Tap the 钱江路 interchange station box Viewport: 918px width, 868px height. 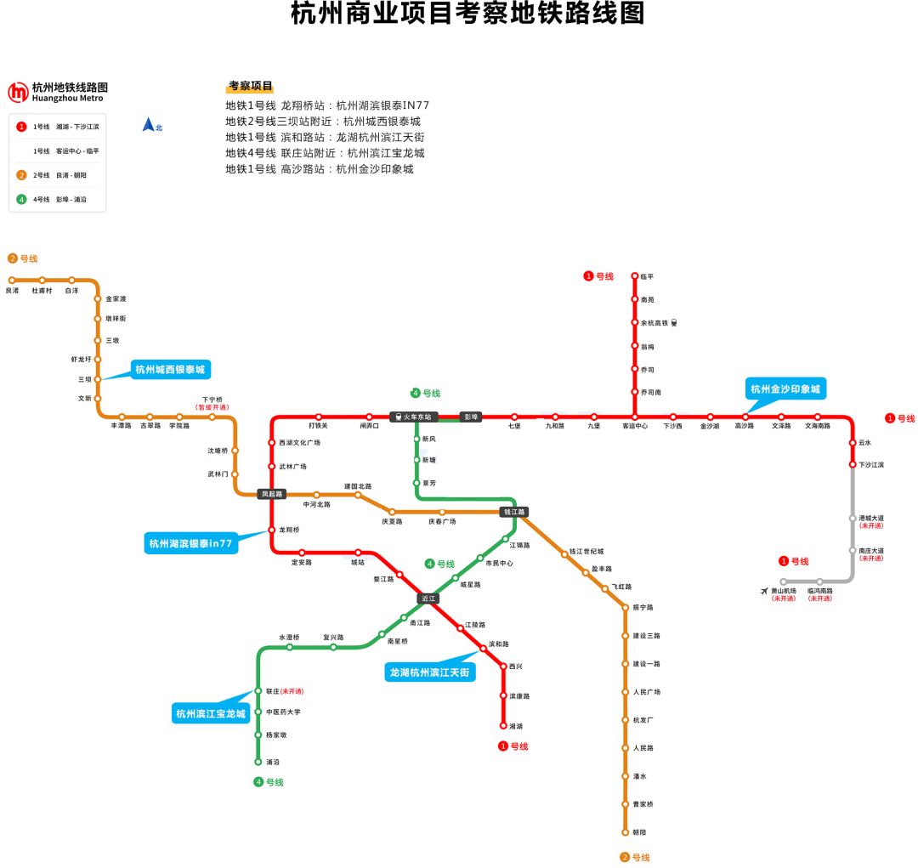pyautogui.click(x=514, y=512)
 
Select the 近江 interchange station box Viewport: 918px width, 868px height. pyautogui.click(x=428, y=599)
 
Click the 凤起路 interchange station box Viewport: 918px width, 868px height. pyautogui.click(x=272, y=493)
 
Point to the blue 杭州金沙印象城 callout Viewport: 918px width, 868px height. pyautogui.click(x=785, y=389)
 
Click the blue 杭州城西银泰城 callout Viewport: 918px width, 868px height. pyautogui.click(x=170, y=369)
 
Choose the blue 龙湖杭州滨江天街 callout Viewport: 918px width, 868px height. pyautogui.click(x=430, y=672)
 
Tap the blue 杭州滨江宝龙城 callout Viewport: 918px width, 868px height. pyautogui.click(x=210, y=713)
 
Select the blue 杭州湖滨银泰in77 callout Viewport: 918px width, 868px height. pyautogui.click(x=190, y=543)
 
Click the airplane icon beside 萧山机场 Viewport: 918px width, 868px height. pyautogui.click(x=764, y=590)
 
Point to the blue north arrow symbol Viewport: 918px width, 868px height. pyautogui.click(x=149, y=125)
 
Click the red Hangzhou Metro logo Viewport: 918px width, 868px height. pyautogui.click(x=18, y=92)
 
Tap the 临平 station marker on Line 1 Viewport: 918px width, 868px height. pyautogui.click(x=634, y=276)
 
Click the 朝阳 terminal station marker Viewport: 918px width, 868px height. pyautogui.click(x=625, y=832)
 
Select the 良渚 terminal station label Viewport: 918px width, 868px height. pyautogui.click(x=12, y=291)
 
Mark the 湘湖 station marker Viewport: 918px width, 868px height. pyautogui.click(x=503, y=726)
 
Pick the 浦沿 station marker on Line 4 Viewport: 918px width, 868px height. pyautogui.click(x=258, y=762)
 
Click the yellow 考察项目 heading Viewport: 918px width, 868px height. pyautogui.click(x=250, y=87)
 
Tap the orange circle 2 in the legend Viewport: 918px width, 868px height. pyautogui.click(x=21, y=175)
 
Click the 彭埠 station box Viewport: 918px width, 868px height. pyautogui.click(x=470, y=417)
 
